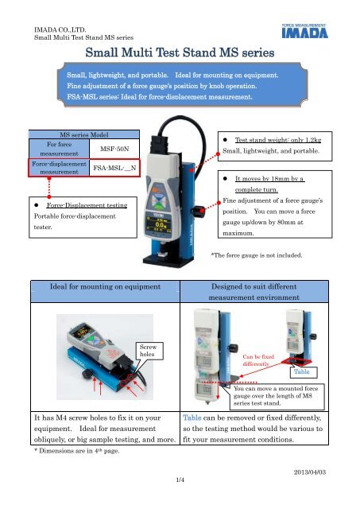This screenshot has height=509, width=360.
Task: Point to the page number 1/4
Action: [x=180, y=501]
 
